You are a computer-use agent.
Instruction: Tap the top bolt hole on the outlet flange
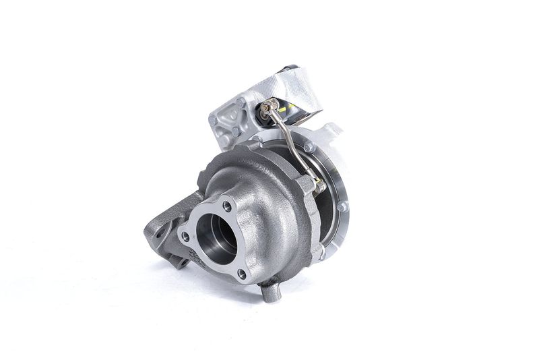227,206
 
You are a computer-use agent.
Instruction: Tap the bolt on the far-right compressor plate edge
343,206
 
